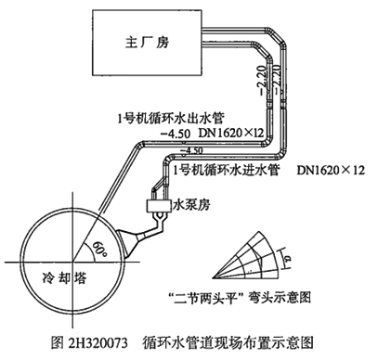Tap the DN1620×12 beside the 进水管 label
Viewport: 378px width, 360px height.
pos(331,171)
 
